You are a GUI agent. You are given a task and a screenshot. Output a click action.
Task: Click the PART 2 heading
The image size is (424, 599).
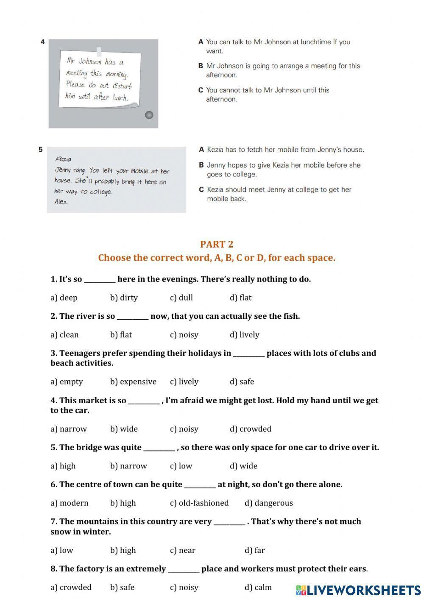(216, 244)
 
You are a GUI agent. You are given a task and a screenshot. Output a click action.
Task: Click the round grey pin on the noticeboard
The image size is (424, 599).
(149, 115)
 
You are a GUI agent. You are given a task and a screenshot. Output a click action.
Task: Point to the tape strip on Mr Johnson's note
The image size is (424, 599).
(99, 51)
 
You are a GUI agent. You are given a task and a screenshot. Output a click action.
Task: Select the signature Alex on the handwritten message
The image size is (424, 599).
(61, 202)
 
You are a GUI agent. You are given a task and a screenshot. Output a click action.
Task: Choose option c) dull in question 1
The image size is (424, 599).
(181, 298)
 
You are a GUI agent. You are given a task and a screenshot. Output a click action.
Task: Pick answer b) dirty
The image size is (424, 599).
(124, 298)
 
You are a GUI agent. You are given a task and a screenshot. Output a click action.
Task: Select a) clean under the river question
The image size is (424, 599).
(64, 334)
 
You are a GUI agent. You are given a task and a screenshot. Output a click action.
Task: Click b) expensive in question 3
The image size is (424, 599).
(133, 382)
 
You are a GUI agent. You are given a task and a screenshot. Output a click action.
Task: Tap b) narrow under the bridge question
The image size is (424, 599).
(128, 466)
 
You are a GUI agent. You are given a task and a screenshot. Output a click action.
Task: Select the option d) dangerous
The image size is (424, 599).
(268, 503)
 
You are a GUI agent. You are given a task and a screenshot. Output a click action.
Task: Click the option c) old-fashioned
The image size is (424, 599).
(199, 503)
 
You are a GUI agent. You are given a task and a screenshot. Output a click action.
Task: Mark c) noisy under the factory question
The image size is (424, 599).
(184, 587)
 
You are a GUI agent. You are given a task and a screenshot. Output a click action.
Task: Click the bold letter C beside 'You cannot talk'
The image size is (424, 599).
(201, 90)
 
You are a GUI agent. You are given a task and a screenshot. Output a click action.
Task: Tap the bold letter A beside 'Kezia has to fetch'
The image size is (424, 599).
(201, 150)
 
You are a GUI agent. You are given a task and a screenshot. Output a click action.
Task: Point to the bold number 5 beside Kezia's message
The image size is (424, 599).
(41, 150)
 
